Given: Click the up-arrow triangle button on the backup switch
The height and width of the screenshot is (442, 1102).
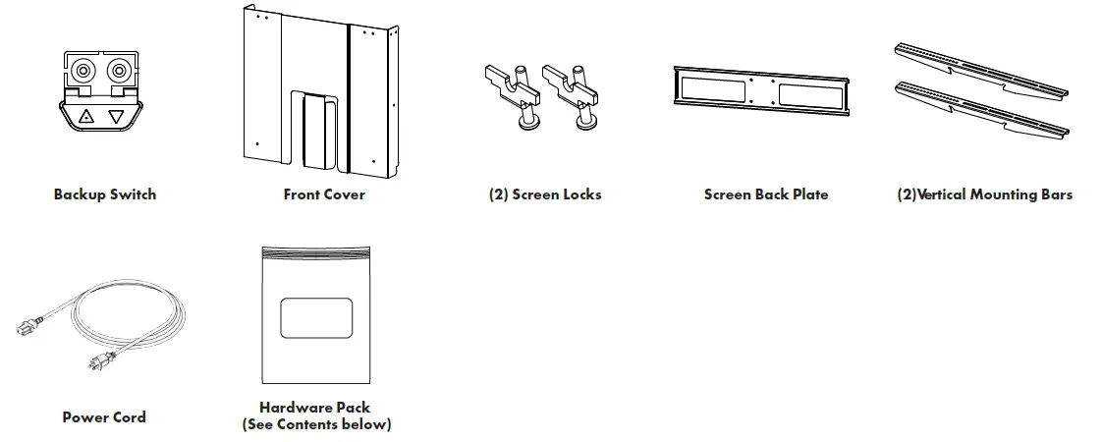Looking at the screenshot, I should pos(86,117).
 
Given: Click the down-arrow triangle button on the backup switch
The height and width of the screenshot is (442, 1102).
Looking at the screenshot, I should pos(117,117).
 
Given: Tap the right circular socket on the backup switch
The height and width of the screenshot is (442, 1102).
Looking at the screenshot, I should pos(120,71).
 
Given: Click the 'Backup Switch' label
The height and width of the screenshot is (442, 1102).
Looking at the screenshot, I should pos(104,194).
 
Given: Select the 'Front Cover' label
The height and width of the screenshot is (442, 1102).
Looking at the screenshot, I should pos(324,194).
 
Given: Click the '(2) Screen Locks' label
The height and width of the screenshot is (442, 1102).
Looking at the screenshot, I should pos(545,194).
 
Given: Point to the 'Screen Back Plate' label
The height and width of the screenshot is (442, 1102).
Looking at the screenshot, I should pos(766,194).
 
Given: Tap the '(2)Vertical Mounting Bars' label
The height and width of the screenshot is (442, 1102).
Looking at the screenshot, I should pos(985,194).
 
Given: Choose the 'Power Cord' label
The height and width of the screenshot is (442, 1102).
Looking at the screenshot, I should pos(104,417).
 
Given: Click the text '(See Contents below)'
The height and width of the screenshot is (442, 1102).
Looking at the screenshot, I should pos(315,424).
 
